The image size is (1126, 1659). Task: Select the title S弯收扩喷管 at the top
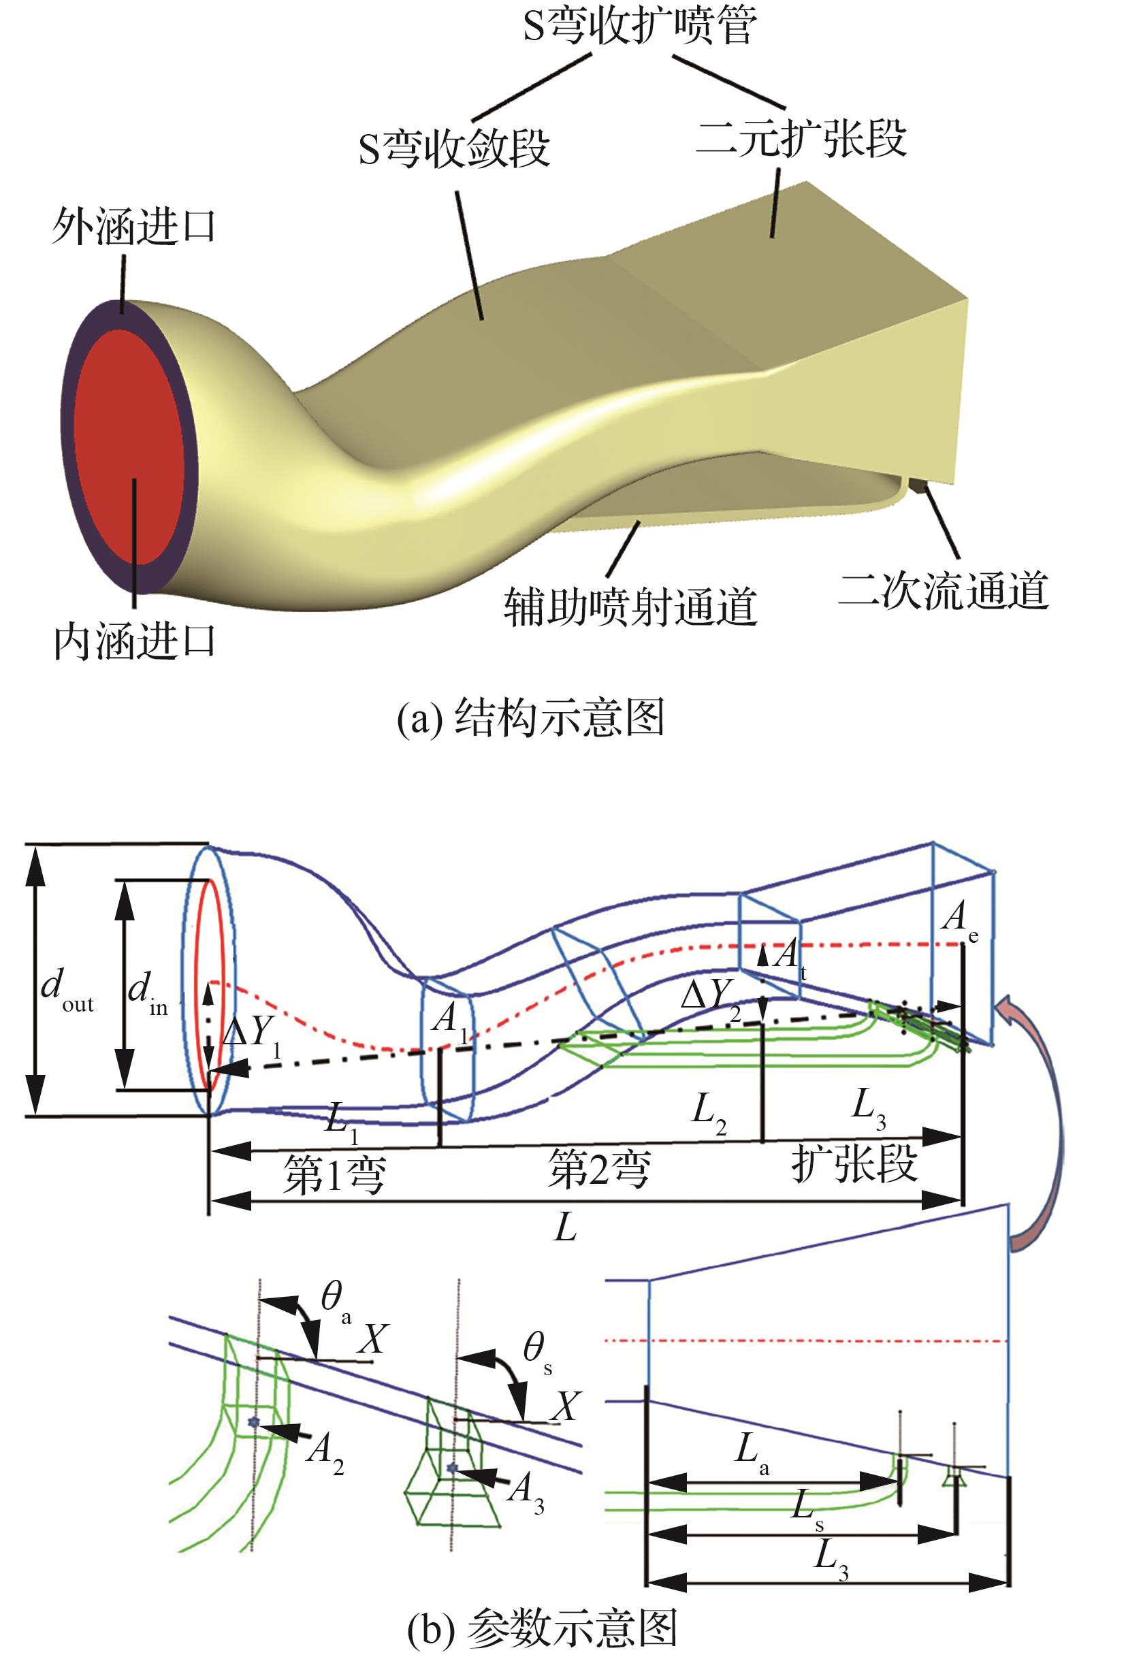(639, 27)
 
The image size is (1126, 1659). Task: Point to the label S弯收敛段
(454, 148)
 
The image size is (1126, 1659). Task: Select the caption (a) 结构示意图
(530, 718)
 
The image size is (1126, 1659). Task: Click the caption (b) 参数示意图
(541, 1628)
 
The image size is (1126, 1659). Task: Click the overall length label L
(566, 1227)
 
